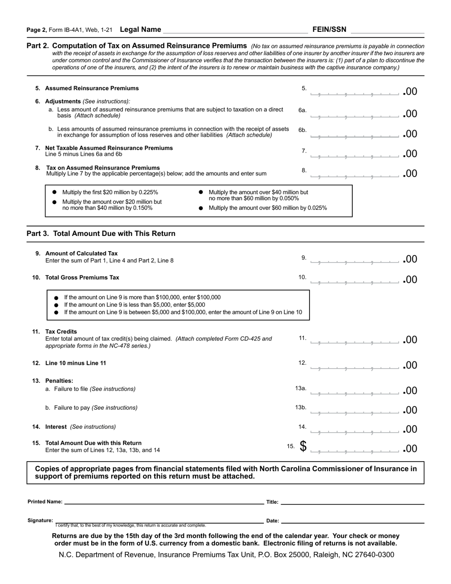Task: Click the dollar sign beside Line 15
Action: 303,446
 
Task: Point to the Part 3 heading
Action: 101,234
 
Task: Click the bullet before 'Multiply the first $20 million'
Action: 54,192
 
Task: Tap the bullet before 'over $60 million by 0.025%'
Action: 201,208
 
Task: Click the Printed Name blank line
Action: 163,501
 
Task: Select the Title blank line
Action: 352,501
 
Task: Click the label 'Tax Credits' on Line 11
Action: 61,331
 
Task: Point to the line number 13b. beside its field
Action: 301,407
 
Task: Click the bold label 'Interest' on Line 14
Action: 56,427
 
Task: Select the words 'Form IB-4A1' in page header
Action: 66,30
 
